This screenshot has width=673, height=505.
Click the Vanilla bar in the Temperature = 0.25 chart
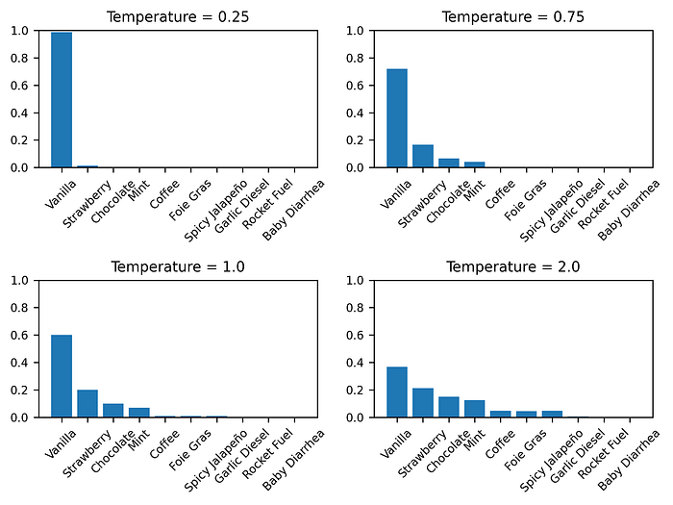point(62,100)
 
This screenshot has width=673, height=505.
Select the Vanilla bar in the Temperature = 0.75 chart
point(397,118)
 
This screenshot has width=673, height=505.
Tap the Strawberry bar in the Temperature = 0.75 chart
point(423,156)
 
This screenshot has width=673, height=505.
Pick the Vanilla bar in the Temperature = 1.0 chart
point(62,376)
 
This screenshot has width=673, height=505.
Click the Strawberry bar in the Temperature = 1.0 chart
point(87,403)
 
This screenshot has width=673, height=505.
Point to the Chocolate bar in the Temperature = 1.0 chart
point(113,410)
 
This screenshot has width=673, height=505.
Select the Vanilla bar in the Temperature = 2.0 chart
point(397,391)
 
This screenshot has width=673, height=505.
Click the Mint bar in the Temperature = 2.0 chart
point(475,409)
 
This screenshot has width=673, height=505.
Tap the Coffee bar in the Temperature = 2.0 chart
point(501,414)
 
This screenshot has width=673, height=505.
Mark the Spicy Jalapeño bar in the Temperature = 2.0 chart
point(552,414)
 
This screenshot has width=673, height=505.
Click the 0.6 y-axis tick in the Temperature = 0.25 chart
point(20,86)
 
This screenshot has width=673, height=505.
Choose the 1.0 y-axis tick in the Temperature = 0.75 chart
point(356,31)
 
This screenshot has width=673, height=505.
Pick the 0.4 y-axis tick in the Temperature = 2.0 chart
point(356,363)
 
